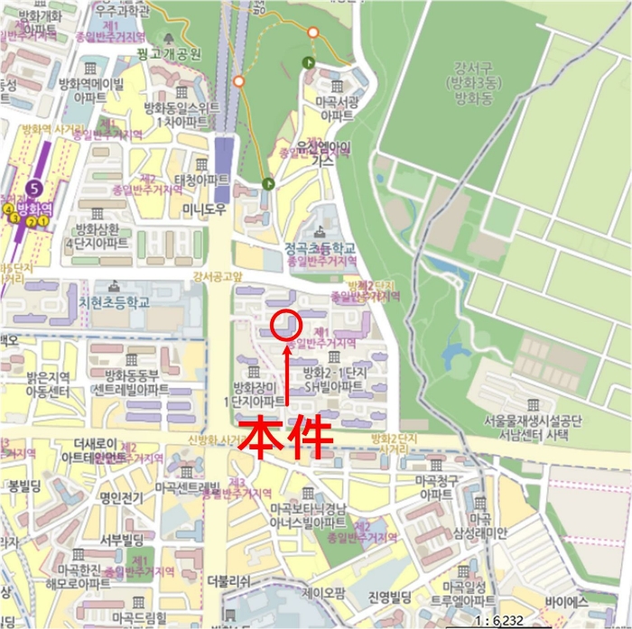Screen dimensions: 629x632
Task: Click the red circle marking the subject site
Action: point(285,324)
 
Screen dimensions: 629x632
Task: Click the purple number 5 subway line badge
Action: point(35,188)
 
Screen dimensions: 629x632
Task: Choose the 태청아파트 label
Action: point(202,180)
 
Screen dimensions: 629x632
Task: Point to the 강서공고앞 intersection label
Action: point(218,277)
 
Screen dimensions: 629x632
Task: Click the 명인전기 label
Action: point(123,495)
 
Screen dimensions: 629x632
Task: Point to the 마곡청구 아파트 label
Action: point(436,487)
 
